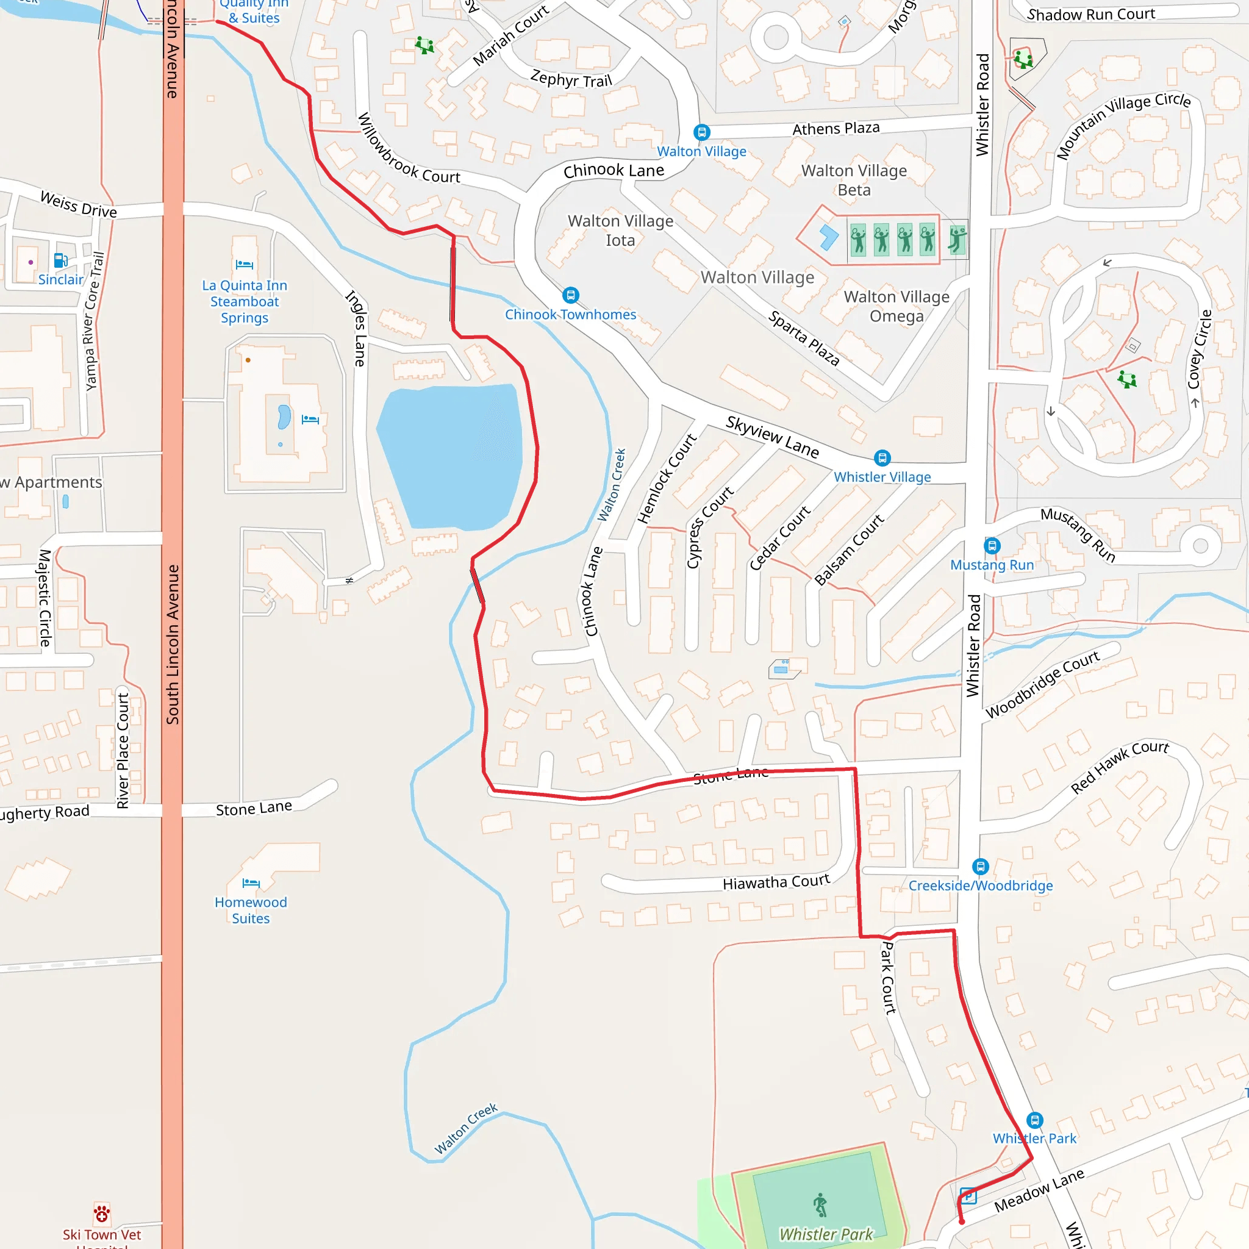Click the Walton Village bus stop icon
[x=701, y=132]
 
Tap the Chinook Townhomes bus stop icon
[x=570, y=295]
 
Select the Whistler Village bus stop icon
[x=882, y=459]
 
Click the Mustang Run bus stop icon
[x=992, y=546]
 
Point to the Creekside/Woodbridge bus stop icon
[x=980, y=866]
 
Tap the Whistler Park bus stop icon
[x=1034, y=1120]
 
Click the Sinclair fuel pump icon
[x=61, y=260]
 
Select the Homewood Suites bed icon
[x=251, y=882]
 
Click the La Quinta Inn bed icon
[x=245, y=265]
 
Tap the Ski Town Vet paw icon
[x=101, y=1214]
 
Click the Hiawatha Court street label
[x=776, y=882]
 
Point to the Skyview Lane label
[x=772, y=437]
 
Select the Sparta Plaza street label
[x=804, y=338]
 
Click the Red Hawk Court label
[x=1119, y=767]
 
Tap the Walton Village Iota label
[x=621, y=231]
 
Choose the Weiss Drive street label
[x=78, y=204]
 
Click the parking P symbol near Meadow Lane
[x=968, y=1196]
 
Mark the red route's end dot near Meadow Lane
[x=961, y=1222]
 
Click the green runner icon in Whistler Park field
[x=820, y=1205]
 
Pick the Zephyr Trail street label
[x=571, y=79]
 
